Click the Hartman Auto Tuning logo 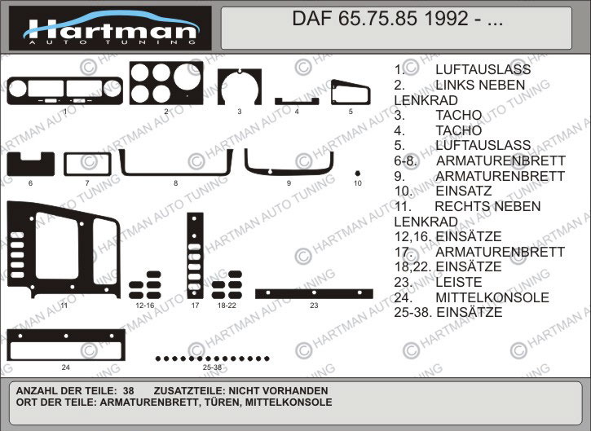coord(110,29)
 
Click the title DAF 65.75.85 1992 coord(380,19)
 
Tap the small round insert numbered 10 coord(358,174)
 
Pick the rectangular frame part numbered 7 coord(66,165)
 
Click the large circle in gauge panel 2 coord(187,77)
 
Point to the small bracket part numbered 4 coord(297,101)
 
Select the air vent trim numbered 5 coord(333,92)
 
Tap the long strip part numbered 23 coord(314,294)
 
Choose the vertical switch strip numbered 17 coord(195,256)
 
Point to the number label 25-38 coord(212,367)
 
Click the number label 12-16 coord(145,306)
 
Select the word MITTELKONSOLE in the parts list coord(492,297)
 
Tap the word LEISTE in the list coord(459,282)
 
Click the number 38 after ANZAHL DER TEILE coord(129,391)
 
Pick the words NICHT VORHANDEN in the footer coord(279,391)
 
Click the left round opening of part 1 coord(17,89)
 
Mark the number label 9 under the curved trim coord(289,183)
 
